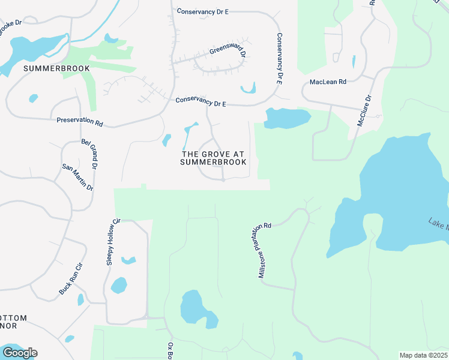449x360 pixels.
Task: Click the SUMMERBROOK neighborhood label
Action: [56, 68]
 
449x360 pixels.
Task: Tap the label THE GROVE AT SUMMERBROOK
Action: [214, 158]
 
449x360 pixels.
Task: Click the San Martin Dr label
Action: [77, 178]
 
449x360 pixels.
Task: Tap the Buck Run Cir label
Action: [70, 279]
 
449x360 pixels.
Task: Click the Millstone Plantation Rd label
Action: [264, 250]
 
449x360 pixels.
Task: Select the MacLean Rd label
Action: [328, 82]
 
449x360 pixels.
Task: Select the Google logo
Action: [20, 353]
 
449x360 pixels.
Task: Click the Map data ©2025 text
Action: [423, 355]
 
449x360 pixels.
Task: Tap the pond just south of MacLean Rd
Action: [286, 118]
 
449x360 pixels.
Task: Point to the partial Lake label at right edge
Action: [438, 224]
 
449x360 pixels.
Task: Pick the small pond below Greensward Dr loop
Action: [248, 90]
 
